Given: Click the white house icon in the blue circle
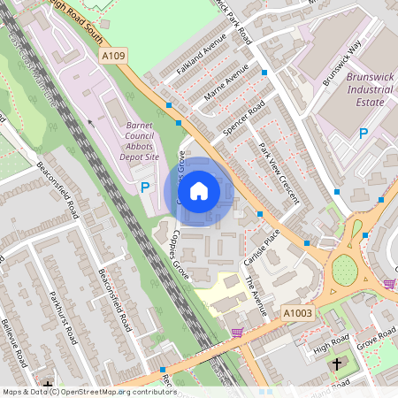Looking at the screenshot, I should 199,191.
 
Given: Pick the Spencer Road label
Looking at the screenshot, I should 244,119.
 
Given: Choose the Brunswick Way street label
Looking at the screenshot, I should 342,64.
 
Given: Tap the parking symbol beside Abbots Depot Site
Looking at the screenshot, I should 145,187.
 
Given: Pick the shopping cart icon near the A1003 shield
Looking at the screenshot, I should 236,333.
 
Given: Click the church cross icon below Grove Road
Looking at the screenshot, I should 336,364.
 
